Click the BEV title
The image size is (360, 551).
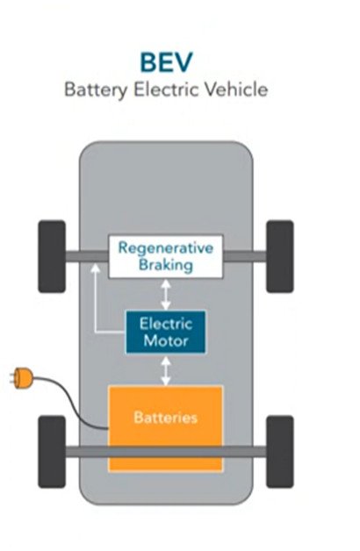[166, 62]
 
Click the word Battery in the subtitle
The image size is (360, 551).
[96, 89]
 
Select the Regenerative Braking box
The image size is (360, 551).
[166, 256]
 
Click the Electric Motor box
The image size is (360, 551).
[166, 332]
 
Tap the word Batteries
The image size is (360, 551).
[166, 418]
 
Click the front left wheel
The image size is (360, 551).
[52, 256]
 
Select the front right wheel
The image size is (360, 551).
[280, 256]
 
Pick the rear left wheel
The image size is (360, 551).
[52, 452]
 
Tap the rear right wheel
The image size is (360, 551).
[280, 452]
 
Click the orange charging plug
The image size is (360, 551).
[22, 378]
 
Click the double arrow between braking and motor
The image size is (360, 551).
[166, 295]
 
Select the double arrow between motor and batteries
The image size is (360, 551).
[166, 371]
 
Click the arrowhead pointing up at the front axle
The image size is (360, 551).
[96, 269]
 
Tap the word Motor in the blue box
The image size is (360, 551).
[166, 340]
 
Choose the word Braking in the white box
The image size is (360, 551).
[166, 265]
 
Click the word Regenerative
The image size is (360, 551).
[166, 248]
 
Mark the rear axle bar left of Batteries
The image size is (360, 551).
[87, 452]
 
